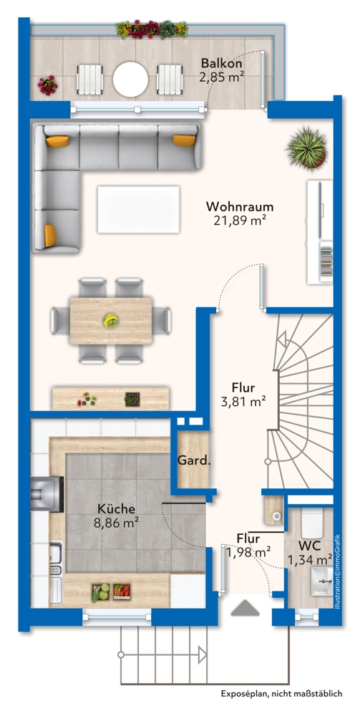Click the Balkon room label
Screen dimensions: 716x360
220,62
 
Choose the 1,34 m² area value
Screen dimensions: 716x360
310,558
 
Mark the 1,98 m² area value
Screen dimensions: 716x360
248,551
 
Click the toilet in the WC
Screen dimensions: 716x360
311,523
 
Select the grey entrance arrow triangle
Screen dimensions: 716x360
244,607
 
